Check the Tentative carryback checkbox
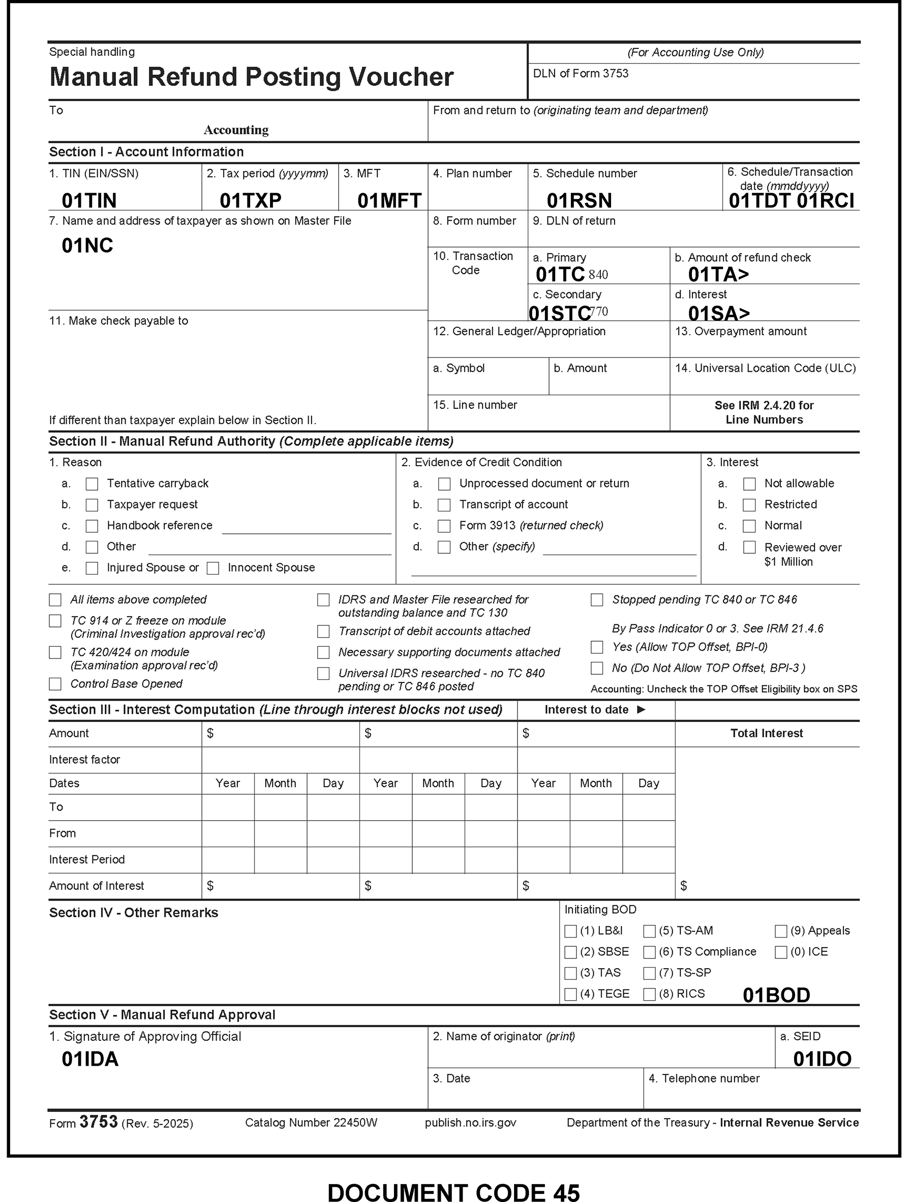pyautogui.click(x=92, y=484)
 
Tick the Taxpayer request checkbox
pyautogui.click(x=92, y=505)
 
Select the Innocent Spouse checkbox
pyautogui.click(x=213, y=568)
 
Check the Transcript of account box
pyautogui.click(x=444, y=505)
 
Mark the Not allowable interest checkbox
pyautogui.click(x=749, y=484)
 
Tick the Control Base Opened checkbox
pyautogui.click(x=55, y=683)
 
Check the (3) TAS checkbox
pyautogui.click(x=570, y=973)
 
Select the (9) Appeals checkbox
pyautogui.click(x=781, y=931)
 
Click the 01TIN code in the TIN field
pyautogui.click(x=89, y=200)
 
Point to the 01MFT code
pyautogui.click(x=389, y=200)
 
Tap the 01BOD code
pyautogui.click(x=776, y=995)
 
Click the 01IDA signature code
pyautogui.click(x=90, y=1059)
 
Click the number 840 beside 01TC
pyautogui.click(x=598, y=275)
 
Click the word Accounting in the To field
pyautogui.click(x=236, y=130)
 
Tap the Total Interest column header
pyautogui.click(x=766, y=733)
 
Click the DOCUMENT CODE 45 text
pyautogui.click(x=453, y=1192)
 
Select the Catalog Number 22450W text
pyautogui.click(x=311, y=1123)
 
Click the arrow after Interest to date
pyautogui.click(x=641, y=709)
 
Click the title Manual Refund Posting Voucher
pyautogui.click(x=252, y=77)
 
